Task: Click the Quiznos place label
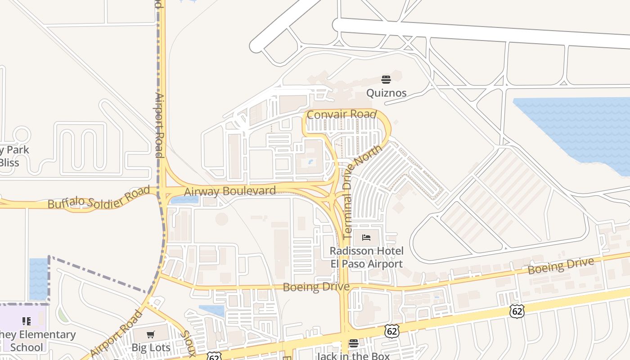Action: (x=386, y=93)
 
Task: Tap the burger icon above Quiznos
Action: (x=386, y=80)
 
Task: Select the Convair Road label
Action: (x=341, y=114)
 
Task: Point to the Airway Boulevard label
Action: (x=230, y=191)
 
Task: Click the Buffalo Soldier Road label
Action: (x=99, y=198)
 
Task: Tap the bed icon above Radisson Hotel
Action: (x=366, y=237)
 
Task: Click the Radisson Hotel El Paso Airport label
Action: (x=366, y=257)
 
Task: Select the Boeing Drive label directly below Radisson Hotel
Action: (x=316, y=287)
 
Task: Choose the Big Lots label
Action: (x=151, y=347)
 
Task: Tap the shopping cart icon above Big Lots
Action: (x=151, y=334)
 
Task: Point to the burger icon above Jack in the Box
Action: (x=354, y=343)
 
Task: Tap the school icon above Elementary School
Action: (x=27, y=321)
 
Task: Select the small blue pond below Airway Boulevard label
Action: (x=184, y=200)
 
